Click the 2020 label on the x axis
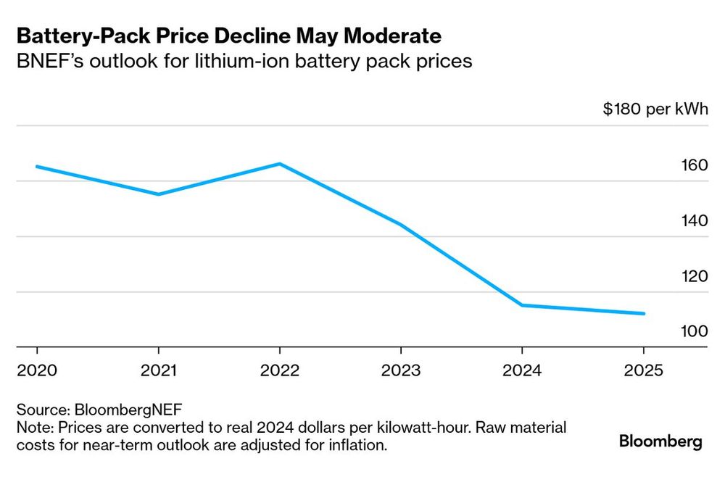pyautogui.click(x=37, y=370)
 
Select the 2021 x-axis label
pyautogui.click(x=159, y=370)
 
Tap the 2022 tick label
pyautogui.click(x=280, y=370)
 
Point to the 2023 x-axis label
pyautogui.click(x=401, y=370)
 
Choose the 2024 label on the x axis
pyautogui.click(x=523, y=370)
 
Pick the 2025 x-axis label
pyautogui.click(x=644, y=370)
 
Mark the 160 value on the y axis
pyautogui.click(x=694, y=165)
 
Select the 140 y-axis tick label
pyautogui.click(x=694, y=220)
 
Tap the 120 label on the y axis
pyautogui.click(x=694, y=276)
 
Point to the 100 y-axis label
pyautogui.click(x=694, y=331)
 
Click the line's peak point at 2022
pyautogui.click(x=280, y=164)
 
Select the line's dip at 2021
pyautogui.click(x=159, y=194)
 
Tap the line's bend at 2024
pyautogui.click(x=523, y=305)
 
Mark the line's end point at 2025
pyautogui.click(x=644, y=314)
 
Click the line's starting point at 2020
pyautogui.click(x=37, y=167)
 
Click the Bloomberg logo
pyautogui.click(x=660, y=441)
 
